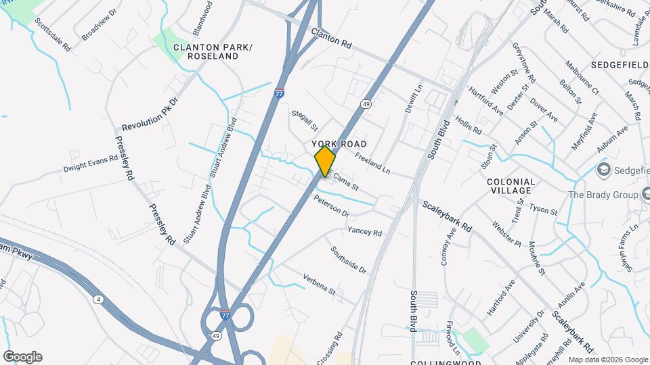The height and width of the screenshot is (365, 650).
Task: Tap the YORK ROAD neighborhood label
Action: point(339,145)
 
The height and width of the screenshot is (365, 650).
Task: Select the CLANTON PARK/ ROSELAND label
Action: point(213,51)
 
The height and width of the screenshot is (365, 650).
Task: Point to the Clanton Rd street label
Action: point(332,37)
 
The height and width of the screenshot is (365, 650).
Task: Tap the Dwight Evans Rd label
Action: point(91,164)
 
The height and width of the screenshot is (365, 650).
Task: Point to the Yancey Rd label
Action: point(365,232)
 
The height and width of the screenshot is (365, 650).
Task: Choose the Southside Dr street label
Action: point(349,260)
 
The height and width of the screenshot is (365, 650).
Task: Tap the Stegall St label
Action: point(305,120)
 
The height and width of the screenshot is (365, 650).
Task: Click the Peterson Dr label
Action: point(332,206)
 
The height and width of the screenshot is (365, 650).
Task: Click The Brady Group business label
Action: point(604,195)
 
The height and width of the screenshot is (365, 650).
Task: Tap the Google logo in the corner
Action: point(22,357)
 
